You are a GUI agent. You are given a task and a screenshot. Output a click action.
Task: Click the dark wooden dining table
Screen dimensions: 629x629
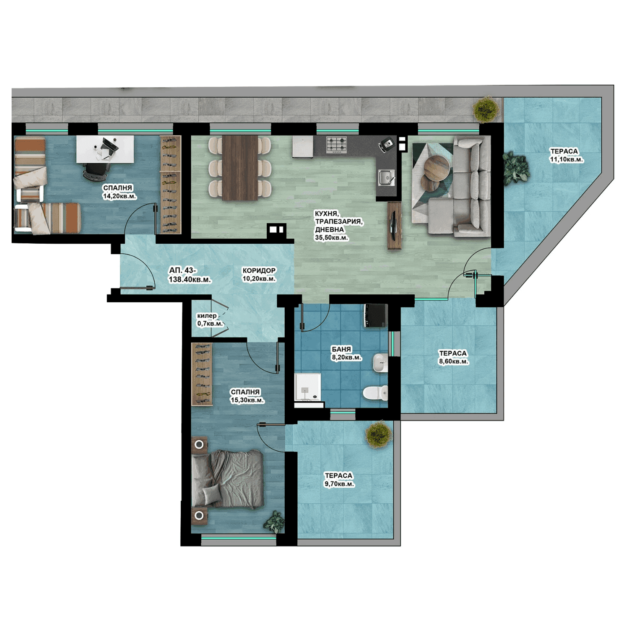(x=240, y=167)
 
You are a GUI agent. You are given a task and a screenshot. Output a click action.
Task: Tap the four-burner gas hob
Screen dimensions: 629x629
(x=337, y=144)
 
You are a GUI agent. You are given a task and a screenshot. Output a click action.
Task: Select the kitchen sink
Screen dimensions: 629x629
(x=386, y=177)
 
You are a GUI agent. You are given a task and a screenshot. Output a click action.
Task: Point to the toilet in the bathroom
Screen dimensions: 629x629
(x=375, y=393)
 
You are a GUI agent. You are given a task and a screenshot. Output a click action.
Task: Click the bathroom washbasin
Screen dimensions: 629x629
(x=380, y=363)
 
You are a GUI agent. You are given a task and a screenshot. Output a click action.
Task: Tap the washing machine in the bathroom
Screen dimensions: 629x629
(x=375, y=315)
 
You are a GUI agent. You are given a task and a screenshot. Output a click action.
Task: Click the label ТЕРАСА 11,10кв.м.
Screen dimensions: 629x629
(x=567, y=155)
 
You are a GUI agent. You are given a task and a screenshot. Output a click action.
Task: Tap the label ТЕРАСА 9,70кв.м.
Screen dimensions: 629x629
(x=339, y=479)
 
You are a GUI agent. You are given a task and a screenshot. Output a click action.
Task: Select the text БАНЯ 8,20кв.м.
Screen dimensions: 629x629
(x=346, y=353)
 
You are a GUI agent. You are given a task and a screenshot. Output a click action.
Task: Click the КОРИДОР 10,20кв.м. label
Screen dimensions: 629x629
(x=259, y=274)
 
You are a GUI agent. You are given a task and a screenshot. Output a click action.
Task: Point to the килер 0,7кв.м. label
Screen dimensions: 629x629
(x=210, y=320)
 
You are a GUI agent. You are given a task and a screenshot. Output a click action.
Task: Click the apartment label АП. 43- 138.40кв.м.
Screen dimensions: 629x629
(x=190, y=275)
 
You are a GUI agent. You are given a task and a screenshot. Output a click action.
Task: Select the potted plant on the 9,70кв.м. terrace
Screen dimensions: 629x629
(x=379, y=434)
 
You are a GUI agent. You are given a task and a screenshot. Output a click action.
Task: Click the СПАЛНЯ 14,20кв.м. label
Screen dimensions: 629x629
(x=120, y=192)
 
